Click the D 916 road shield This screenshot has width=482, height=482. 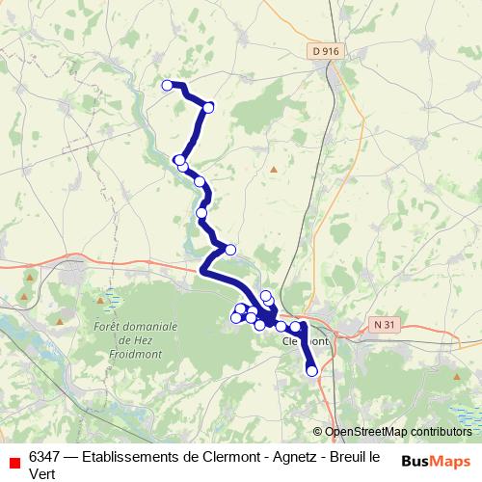[326, 51]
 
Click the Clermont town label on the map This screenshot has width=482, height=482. [306, 341]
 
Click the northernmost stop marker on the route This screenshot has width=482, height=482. [167, 86]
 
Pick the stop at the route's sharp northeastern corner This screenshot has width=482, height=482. [208, 107]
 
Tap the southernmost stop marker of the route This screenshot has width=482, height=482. [311, 371]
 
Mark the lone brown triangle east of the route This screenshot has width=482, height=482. [274, 170]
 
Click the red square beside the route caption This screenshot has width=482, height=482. [12, 457]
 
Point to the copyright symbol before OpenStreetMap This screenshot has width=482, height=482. [318, 432]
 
